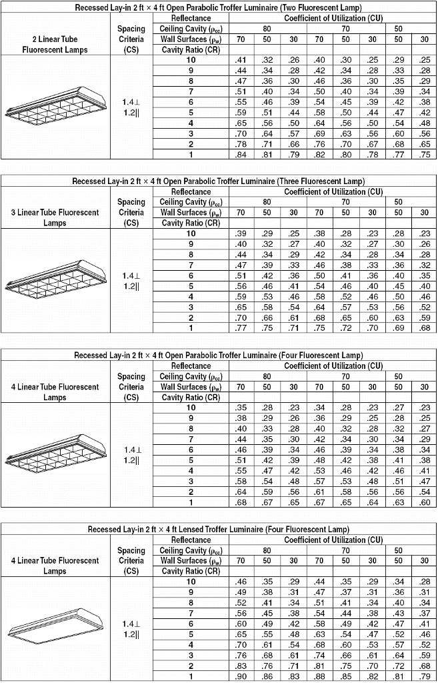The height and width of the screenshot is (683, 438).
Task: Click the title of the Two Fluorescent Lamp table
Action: tap(218, 7)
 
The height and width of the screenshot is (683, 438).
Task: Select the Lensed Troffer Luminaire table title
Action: tap(218, 529)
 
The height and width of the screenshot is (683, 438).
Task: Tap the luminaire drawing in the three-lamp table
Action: tap(56, 279)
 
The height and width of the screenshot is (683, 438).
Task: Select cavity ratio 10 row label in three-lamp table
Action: tap(191, 233)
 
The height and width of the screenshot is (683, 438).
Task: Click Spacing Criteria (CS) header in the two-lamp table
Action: tap(131, 39)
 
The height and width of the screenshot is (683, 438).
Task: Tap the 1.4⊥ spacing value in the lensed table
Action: tap(131, 624)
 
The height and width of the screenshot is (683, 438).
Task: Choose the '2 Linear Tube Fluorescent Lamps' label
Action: tap(55, 45)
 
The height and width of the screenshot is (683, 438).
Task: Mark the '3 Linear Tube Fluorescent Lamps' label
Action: tap(55, 217)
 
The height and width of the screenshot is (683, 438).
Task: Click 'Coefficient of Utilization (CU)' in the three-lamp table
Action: tap(333, 191)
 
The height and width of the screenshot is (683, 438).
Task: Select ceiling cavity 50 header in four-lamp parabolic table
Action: tap(398, 376)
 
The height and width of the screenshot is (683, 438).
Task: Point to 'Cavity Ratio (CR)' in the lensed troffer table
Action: tap(191, 572)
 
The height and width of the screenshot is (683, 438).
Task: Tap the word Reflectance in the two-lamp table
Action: tap(191, 18)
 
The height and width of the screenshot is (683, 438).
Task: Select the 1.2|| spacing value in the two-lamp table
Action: tap(131, 113)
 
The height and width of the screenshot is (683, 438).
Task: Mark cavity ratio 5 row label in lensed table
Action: tap(191, 634)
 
